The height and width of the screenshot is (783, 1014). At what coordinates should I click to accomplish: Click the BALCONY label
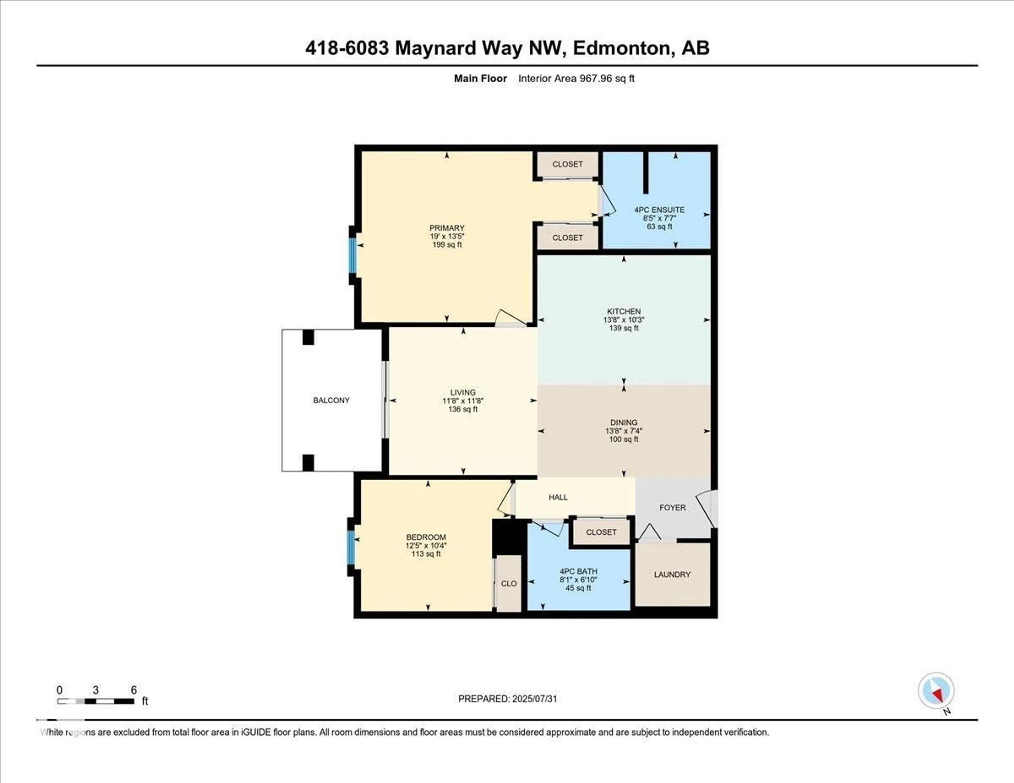coord(331,400)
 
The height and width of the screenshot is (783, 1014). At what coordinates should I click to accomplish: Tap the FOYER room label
coord(672,508)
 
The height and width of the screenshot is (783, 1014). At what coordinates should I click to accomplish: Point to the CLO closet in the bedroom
coord(509,583)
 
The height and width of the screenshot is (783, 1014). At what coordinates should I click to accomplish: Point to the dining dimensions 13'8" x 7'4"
coord(623,431)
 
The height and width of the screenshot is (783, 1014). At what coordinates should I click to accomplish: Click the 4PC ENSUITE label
coord(659,210)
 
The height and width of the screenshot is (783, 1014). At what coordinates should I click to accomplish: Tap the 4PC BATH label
coord(579,571)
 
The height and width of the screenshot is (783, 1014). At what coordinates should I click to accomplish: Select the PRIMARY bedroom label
coord(447,228)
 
